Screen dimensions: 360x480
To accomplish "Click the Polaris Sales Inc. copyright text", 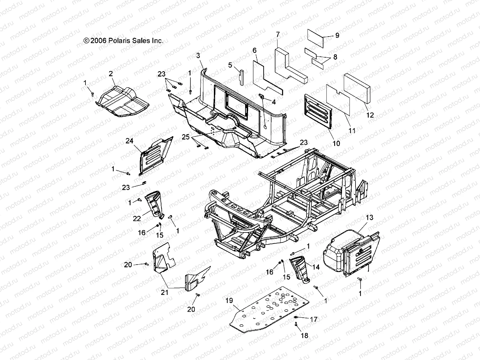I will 123,40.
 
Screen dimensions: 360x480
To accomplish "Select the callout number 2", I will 111,74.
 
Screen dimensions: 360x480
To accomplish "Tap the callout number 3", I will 206,55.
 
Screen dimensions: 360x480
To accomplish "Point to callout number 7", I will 278,35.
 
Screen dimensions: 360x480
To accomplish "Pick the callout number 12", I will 370,115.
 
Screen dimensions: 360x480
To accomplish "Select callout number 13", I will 370,217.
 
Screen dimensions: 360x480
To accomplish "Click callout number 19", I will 229,300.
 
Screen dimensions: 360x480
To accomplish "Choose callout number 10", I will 337,143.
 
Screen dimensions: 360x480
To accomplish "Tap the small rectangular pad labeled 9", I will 315,38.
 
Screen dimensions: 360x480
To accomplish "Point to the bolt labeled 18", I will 296,324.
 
